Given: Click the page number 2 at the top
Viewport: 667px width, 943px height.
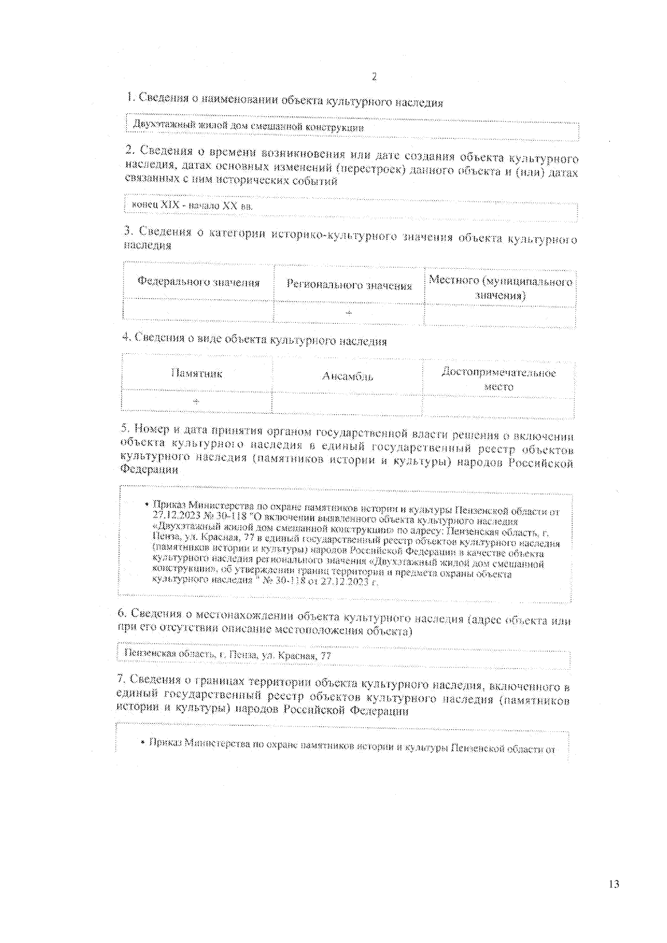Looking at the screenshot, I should (x=374, y=77).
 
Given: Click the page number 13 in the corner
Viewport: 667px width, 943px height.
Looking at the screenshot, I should (x=614, y=884).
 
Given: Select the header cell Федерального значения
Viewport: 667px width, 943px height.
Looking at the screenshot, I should (x=198, y=282).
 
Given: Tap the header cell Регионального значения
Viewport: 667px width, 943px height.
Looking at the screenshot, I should (x=349, y=285).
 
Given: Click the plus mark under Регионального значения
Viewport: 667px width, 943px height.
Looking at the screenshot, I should (x=349, y=313).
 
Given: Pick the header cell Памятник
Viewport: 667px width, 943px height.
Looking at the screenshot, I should (x=197, y=374).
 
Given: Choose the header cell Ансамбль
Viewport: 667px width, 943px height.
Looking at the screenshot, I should (x=347, y=377).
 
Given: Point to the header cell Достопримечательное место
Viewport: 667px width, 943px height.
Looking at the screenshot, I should (x=499, y=379).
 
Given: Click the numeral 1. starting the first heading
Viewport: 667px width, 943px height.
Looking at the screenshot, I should (x=131, y=97).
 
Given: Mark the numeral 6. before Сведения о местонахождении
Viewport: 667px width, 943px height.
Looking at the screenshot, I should (x=122, y=613).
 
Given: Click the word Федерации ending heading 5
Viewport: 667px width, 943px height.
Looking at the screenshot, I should (x=150, y=469).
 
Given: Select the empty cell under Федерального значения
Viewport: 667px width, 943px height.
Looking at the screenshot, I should (x=198, y=310).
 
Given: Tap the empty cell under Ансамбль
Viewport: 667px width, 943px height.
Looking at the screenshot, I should (x=347, y=403).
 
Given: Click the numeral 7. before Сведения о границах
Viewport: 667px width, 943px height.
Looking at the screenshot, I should (x=121, y=679).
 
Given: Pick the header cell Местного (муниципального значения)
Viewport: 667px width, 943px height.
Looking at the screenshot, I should (x=500, y=288).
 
